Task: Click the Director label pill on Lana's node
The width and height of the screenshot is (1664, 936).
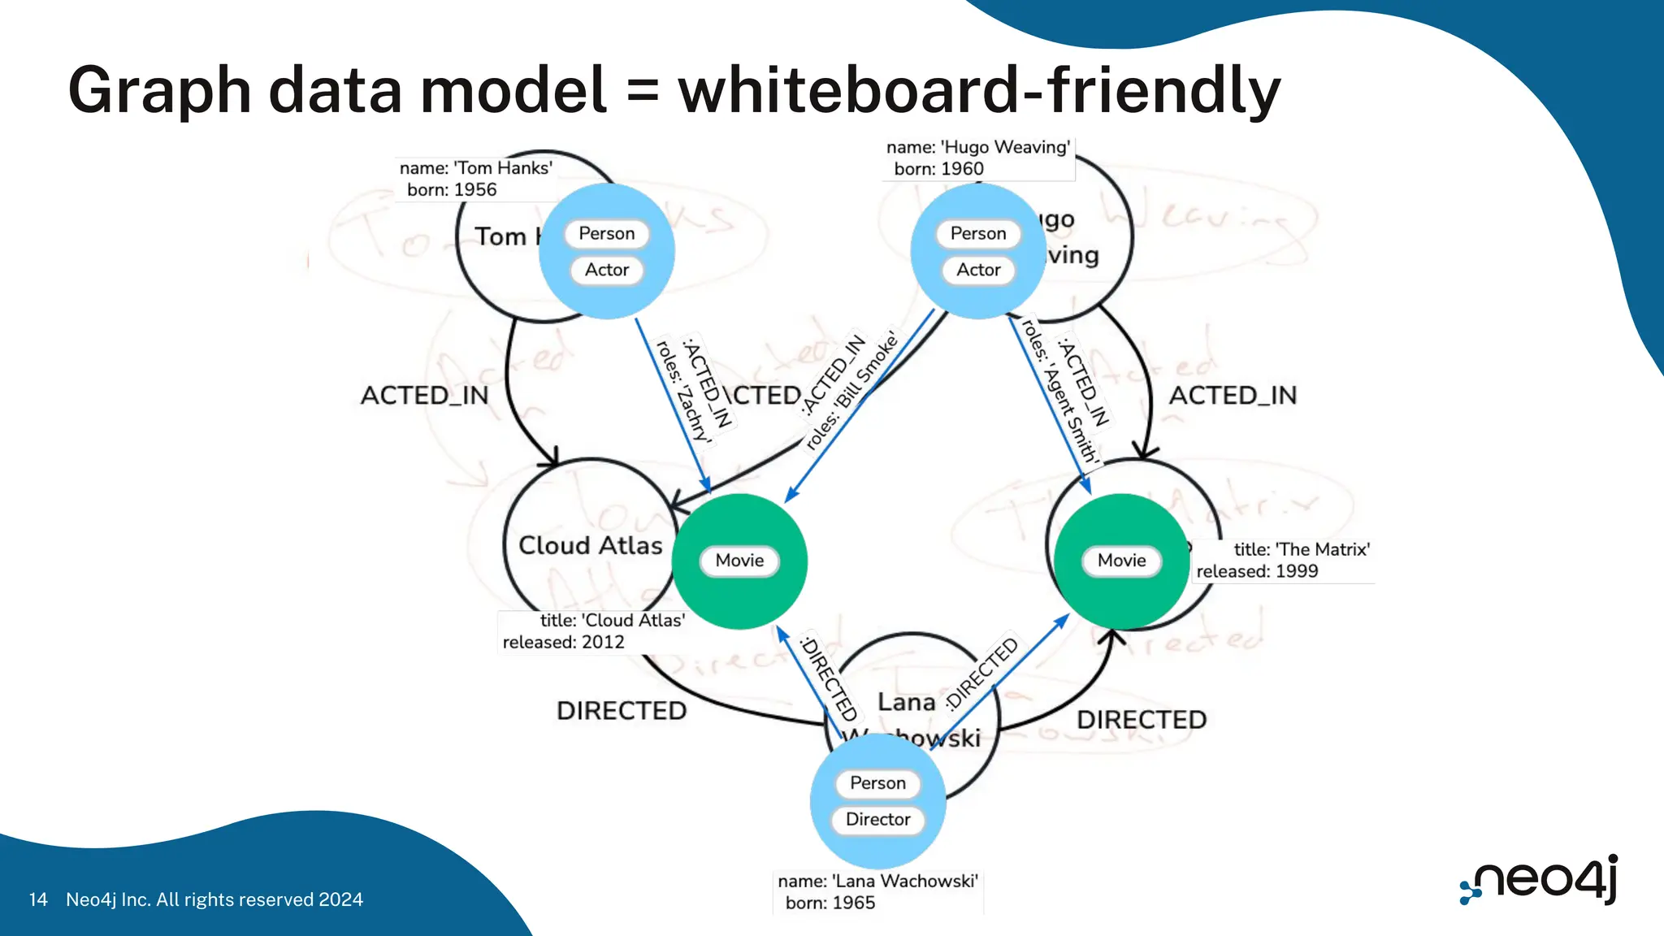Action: point(877,819)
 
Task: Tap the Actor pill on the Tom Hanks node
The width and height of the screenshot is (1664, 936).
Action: point(607,270)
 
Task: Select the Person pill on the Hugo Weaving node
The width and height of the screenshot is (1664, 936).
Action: point(978,234)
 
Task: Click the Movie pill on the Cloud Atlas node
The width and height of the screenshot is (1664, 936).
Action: point(739,561)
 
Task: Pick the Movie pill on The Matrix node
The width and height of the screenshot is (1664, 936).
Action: point(1121,561)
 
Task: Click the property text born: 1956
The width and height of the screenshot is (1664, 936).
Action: point(452,190)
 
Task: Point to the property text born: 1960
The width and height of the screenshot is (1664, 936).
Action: point(938,169)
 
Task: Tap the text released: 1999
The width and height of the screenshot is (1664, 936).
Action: point(1257,571)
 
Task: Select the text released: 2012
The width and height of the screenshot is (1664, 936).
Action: point(563,643)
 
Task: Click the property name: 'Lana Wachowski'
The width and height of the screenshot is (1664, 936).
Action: point(877,882)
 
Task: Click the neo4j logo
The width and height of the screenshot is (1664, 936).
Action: point(1540,880)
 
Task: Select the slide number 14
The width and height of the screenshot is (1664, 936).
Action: point(37,899)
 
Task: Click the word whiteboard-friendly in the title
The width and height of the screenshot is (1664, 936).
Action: point(979,89)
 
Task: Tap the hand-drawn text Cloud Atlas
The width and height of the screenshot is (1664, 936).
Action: point(591,545)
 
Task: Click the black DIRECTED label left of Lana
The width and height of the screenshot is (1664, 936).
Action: point(622,711)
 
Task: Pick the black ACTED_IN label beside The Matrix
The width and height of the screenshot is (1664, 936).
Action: point(1233,396)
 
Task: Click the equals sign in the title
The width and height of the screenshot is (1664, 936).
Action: point(642,91)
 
